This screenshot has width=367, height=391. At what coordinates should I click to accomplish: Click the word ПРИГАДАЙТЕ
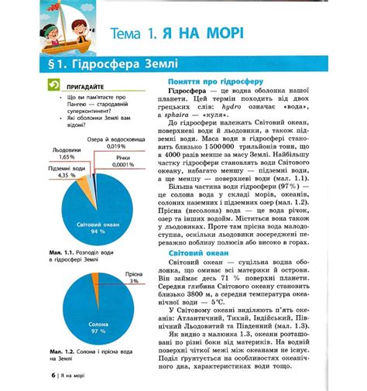(86, 87)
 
